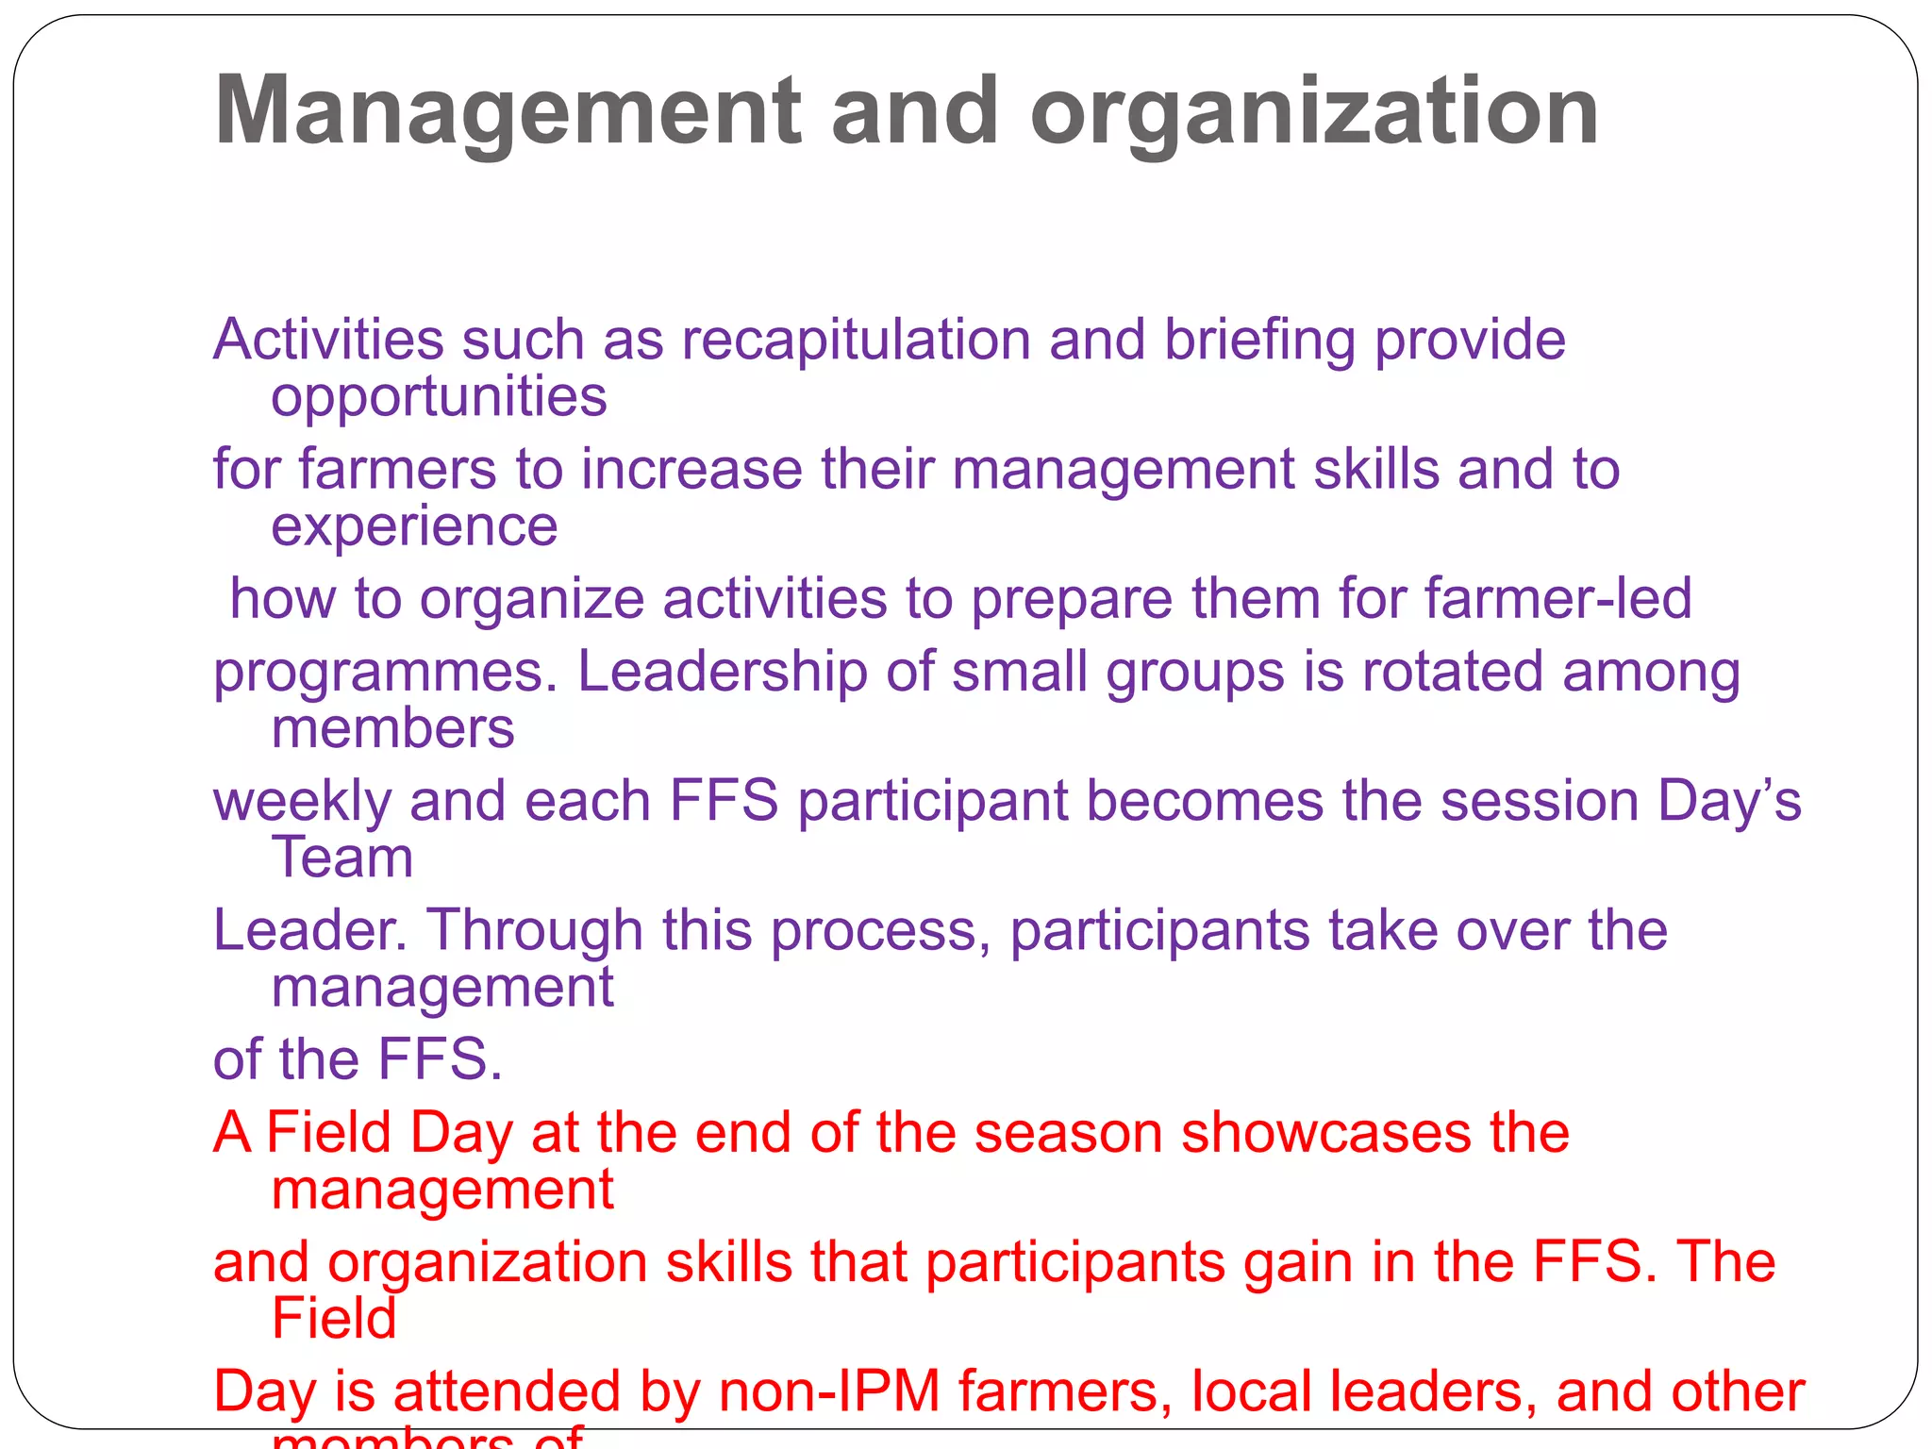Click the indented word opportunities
(x=439, y=396)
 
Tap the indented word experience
(x=414, y=525)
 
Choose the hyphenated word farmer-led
(x=1558, y=598)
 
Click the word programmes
(x=387, y=674)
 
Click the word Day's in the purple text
(x=1729, y=801)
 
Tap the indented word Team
(x=342, y=858)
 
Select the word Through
(x=535, y=930)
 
